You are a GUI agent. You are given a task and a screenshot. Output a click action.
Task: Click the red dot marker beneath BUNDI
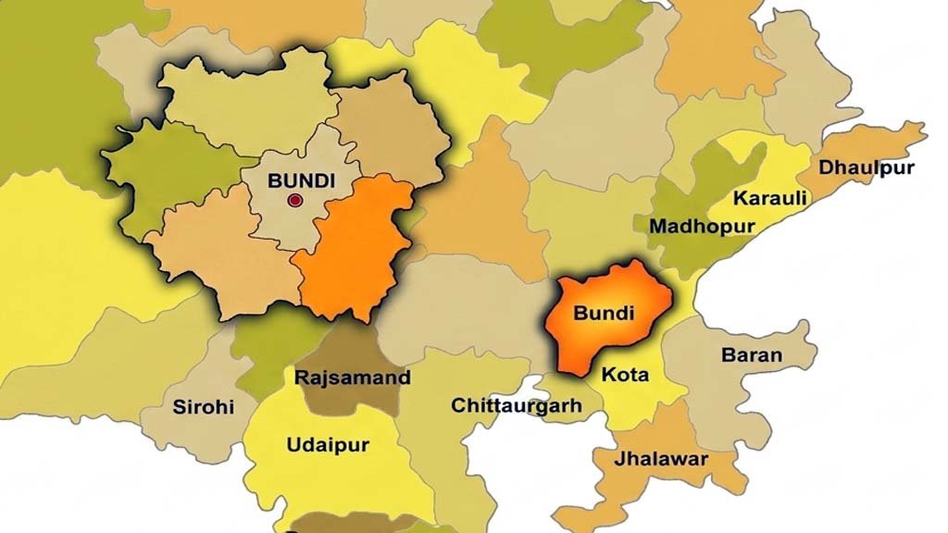tap(295, 201)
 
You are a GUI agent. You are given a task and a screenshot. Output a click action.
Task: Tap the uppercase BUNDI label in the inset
tap(294, 181)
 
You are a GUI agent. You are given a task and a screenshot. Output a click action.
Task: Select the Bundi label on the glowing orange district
tap(604, 313)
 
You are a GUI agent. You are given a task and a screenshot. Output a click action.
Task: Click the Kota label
tap(625, 376)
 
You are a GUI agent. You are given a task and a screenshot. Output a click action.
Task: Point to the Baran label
tap(752, 354)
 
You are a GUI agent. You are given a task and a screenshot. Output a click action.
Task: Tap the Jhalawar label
tap(661, 459)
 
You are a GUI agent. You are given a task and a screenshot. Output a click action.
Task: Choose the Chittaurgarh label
tap(516, 405)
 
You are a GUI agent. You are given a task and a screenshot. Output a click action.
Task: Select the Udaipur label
tap(328, 445)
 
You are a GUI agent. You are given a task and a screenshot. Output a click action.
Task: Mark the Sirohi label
tap(203, 406)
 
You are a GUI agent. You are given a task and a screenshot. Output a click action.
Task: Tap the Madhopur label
tap(702, 226)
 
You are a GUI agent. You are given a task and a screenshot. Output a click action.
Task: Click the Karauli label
tap(769, 198)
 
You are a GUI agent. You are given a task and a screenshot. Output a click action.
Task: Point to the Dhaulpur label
tap(867, 167)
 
